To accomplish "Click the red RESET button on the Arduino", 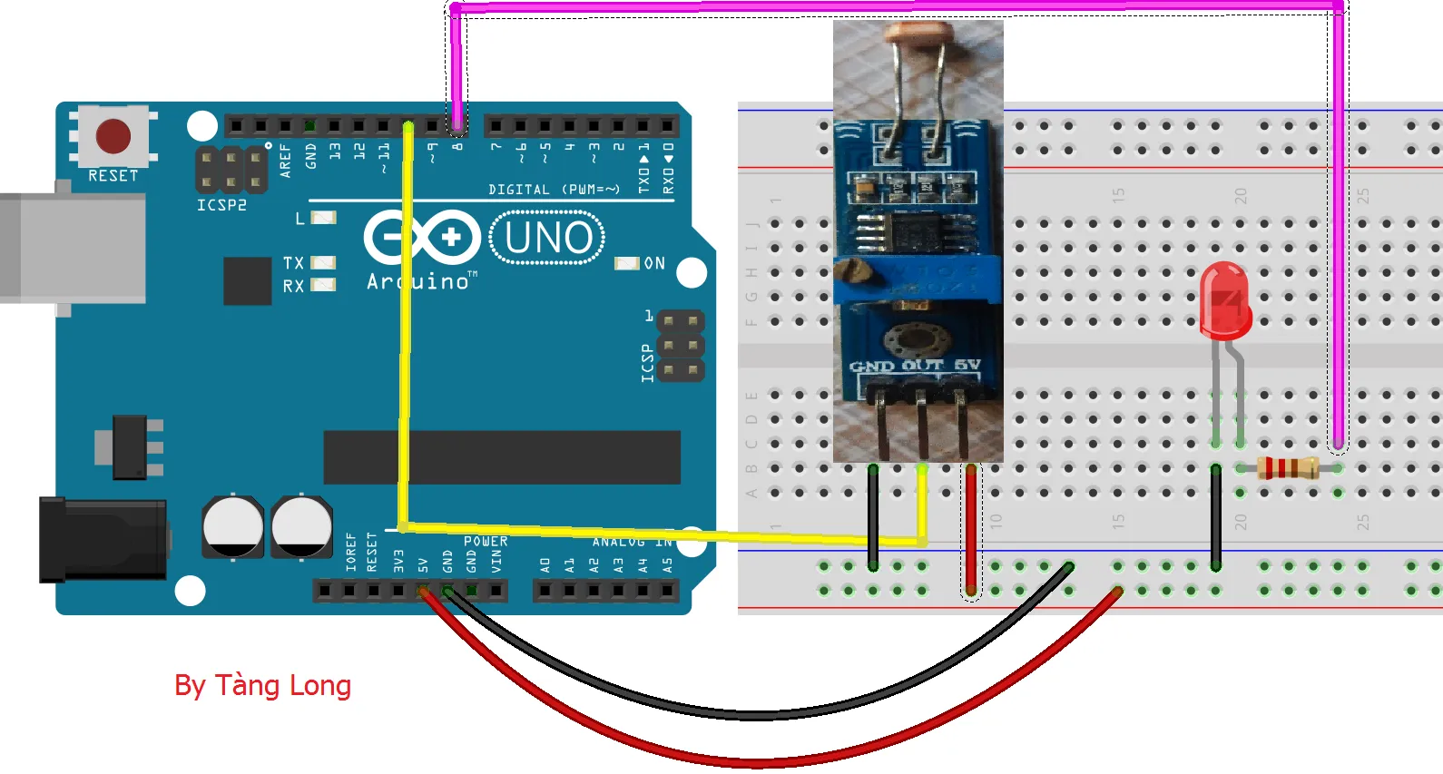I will tap(113, 136).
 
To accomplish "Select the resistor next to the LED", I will tap(1288, 468).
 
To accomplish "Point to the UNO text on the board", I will tap(548, 238).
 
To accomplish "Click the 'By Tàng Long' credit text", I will tap(262, 685).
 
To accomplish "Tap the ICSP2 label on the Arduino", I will tap(221, 205).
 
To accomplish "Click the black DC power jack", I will tap(103, 540).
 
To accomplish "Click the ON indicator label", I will tap(654, 263).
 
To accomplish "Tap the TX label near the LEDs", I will tap(293, 263).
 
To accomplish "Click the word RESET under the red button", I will tap(113, 176).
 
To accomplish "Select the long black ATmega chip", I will tap(502, 457).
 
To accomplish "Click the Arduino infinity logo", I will tap(423, 238).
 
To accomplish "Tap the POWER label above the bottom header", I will tap(486, 542).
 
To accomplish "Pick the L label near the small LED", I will tap(300, 219).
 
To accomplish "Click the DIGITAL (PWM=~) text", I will tap(554, 190).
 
